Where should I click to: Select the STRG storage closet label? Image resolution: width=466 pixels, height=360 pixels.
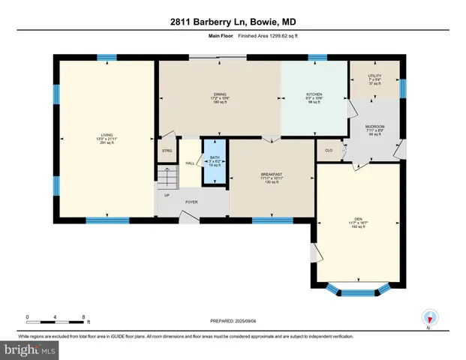click(167, 151)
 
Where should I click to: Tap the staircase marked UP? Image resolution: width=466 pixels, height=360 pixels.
click(167, 180)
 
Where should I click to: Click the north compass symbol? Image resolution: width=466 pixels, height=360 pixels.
click(428, 317)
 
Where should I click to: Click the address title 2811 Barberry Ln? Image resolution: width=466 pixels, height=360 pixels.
click(232, 22)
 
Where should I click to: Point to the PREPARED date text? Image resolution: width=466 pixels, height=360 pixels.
click(233, 321)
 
